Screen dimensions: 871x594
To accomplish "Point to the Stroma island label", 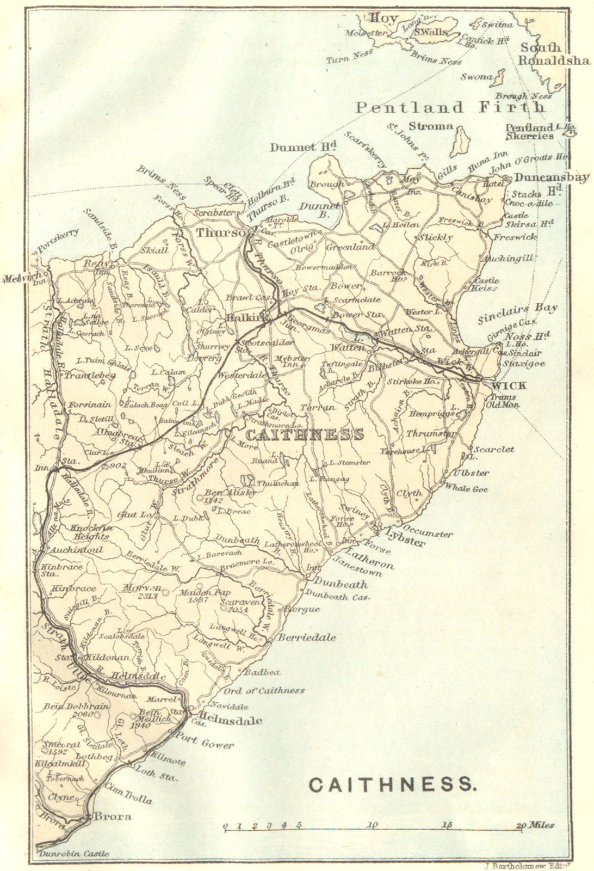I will tap(431, 126).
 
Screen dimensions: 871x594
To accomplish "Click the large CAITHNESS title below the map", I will tap(391, 784).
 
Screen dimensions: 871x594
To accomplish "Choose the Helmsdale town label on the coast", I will tap(231, 720).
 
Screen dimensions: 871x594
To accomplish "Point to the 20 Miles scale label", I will tap(535, 825).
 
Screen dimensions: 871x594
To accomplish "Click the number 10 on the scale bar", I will tap(373, 825).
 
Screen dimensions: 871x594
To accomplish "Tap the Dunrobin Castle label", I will tap(75, 855).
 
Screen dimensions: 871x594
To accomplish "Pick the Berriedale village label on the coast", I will tap(307, 637).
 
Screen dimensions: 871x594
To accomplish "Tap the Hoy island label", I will tap(384, 17).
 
